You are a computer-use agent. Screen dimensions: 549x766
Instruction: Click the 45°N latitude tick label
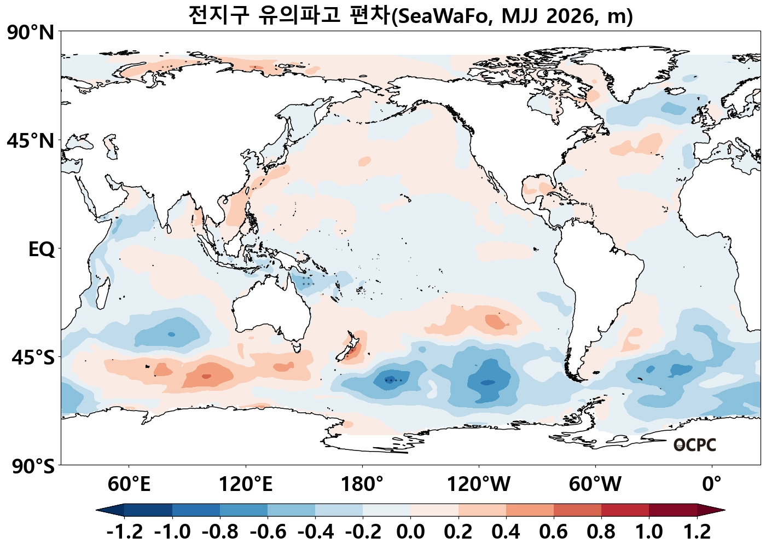31,141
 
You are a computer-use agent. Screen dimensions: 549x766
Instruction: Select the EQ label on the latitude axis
42,250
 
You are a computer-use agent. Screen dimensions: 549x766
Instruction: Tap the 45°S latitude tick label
33,358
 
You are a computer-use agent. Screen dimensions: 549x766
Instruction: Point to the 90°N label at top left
31,33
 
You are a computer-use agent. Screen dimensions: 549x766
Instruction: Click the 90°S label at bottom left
33,466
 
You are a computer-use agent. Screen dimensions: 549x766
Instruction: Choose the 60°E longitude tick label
129,484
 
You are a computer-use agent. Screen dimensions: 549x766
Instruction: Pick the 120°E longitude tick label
246,484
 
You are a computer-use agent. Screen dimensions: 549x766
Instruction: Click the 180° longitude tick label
362,484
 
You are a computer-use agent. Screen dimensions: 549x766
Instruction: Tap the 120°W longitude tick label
479,484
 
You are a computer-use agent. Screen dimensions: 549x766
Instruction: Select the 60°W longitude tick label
595,484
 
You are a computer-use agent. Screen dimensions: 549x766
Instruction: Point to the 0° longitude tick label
712,484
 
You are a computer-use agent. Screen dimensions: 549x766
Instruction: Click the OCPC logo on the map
694,445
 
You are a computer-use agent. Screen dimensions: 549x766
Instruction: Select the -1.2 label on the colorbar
125,531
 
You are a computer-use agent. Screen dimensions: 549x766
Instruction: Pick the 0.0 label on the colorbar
411,531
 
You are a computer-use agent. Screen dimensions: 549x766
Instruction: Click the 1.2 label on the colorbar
697,531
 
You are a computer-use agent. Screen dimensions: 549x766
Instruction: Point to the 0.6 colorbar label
554,531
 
